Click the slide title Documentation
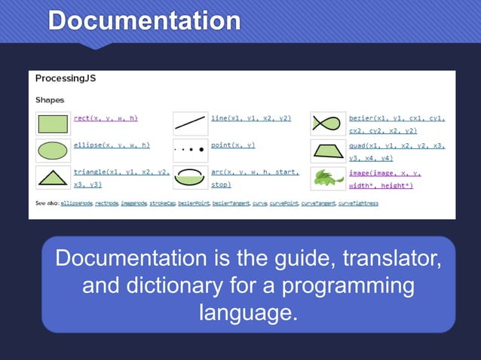pyautogui.click(x=144, y=20)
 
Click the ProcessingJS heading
pyautogui.click(x=66, y=78)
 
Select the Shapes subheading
pyautogui.click(x=50, y=99)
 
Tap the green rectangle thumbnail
pyautogui.click(x=53, y=124)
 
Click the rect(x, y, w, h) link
pyautogui.click(x=106, y=118)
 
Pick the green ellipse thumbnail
pyautogui.click(x=53, y=151)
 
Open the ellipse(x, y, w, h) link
pyautogui.click(x=112, y=145)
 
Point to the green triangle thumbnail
pyautogui.click(x=53, y=178)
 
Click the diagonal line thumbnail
pyautogui.click(x=190, y=124)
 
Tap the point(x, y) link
pyautogui.click(x=233, y=145)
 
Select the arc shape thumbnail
pyautogui.click(x=190, y=178)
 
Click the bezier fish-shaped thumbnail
pyautogui.click(x=327, y=124)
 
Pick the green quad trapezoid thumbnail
pyautogui.click(x=327, y=151)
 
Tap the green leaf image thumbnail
pyautogui.click(x=327, y=178)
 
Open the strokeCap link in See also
pyautogui.click(x=164, y=203)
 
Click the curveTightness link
pyautogui.click(x=358, y=203)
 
